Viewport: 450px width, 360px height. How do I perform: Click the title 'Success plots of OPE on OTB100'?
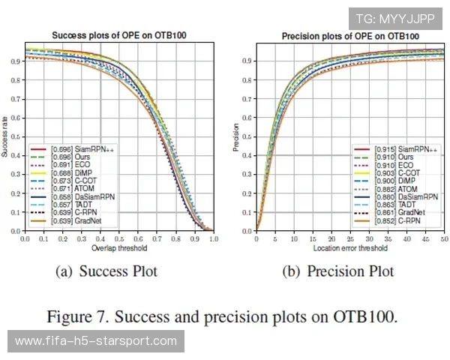pyautogui.click(x=119, y=36)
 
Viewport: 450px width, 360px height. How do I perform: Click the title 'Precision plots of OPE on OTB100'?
pyautogui.click(x=350, y=36)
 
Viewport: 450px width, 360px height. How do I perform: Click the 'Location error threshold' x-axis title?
pyautogui.click(x=350, y=247)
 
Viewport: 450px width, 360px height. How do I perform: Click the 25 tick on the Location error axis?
pyautogui.click(x=350, y=238)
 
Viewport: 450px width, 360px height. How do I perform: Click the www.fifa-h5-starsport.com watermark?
pyautogui.click(x=96, y=341)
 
